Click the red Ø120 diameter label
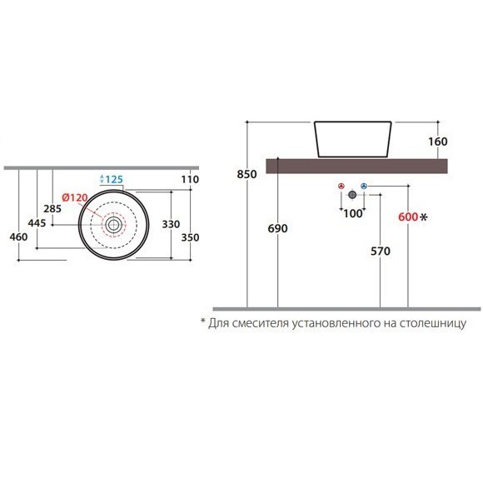tap(75, 197)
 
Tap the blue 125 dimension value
tap(114, 179)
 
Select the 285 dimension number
tap(52, 209)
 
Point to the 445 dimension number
tap(37, 222)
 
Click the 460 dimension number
tap(18, 237)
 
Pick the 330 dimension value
tap(171, 224)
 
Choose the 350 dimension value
tap(190, 237)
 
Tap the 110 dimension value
tap(190, 179)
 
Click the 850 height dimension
tap(246, 174)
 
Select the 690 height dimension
tap(278, 228)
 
